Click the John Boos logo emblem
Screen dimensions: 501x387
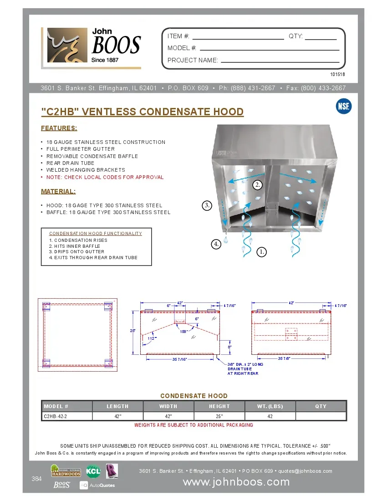[67, 46]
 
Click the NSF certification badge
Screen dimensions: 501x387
[343, 106]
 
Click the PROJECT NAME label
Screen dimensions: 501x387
[193, 60]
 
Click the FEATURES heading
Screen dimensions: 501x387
[59, 128]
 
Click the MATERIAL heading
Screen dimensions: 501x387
[58, 191]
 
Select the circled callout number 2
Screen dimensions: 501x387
[258, 184]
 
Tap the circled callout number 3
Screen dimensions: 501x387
[207, 205]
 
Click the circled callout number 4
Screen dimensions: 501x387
[216, 244]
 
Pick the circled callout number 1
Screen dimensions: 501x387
[261, 251]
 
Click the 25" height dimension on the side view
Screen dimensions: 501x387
[133, 331]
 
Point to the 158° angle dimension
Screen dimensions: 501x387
[183, 331]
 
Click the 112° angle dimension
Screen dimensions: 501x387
[152, 338]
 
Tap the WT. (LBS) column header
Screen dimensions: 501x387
[270, 406]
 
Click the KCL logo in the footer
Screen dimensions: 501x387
[93, 471]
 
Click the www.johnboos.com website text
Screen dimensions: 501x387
[236, 482]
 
